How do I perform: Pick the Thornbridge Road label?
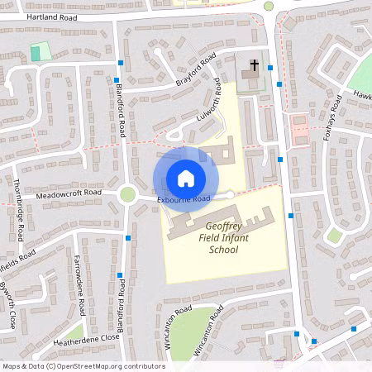[17, 204]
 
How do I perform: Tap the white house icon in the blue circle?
[186, 178]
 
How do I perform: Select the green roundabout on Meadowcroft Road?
[127, 194]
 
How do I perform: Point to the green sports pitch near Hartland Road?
[40, 51]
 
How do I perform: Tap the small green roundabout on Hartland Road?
[269, 6]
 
